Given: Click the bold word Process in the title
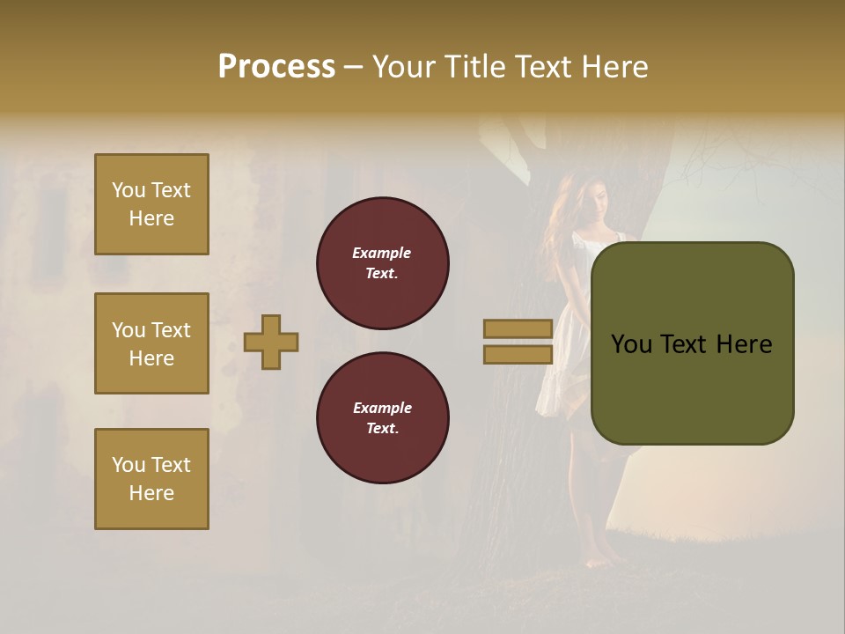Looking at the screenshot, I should pos(276,67).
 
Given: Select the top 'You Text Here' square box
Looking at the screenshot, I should pos(151,204).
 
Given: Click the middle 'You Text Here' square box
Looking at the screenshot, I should pos(151,343).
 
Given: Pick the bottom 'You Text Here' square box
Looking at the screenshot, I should pos(151,479).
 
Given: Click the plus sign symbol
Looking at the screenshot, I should pos(271,342).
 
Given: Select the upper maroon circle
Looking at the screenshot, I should pos(382,263).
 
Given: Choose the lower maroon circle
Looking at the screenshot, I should pos(382,418).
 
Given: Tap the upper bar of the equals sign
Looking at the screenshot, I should pos(518,329).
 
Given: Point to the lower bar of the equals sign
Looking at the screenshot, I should pos(518,355).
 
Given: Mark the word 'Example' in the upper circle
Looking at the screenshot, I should pos(381,253).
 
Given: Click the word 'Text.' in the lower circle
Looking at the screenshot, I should pos(382,429).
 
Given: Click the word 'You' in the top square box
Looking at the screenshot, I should pos(129,190).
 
